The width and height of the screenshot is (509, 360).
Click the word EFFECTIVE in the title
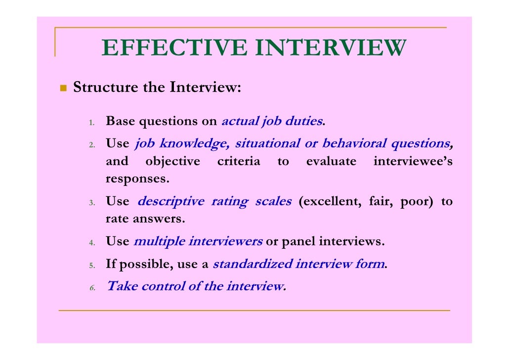[x=175, y=48]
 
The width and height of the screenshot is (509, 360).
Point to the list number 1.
[x=92, y=122]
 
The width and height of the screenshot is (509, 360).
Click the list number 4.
[x=92, y=243]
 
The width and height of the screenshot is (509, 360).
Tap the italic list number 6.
[x=92, y=287]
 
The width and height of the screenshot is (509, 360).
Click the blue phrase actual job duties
[x=272, y=121]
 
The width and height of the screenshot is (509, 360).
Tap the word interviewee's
[x=413, y=162]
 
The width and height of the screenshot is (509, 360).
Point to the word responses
[x=137, y=179]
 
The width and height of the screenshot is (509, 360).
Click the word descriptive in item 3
[x=170, y=202]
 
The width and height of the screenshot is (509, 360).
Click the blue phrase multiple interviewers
[x=198, y=242]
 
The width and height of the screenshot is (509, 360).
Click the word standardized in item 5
[x=252, y=264]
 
